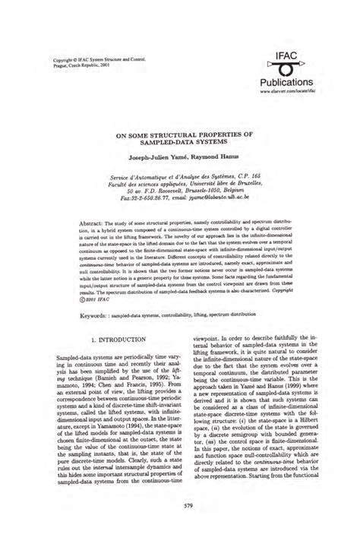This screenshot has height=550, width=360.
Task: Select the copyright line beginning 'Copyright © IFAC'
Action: (88, 58)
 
